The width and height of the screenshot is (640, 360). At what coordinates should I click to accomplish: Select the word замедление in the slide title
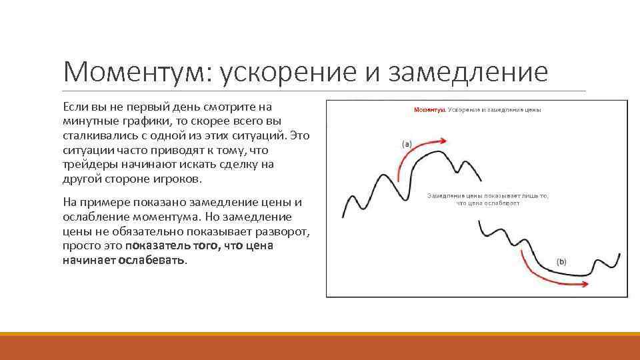click(471, 71)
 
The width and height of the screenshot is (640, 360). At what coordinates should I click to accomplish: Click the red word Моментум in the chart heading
click(429, 109)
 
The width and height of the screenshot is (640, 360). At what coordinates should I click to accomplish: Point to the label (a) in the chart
click(407, 143)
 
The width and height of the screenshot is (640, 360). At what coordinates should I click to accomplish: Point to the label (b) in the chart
click(561, 262)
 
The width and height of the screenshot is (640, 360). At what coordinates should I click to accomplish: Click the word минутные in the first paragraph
click(85, 121)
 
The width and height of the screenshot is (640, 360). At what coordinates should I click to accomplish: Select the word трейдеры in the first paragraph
click(85, 165)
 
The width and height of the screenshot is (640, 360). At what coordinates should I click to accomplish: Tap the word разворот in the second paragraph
click(284, 231)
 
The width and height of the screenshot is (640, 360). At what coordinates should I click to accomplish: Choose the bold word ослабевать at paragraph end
click(153, 260)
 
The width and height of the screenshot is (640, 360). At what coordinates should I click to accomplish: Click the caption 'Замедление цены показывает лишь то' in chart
click(487, 196)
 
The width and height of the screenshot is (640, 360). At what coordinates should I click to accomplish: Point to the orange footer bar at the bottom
click(320, 346)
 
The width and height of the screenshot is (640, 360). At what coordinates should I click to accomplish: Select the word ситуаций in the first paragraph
click(261, 136)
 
